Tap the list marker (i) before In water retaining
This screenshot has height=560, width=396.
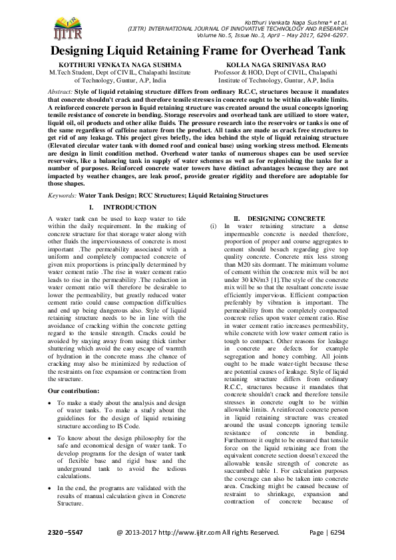[213, 227]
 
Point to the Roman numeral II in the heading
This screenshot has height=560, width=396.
[236, 219]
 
